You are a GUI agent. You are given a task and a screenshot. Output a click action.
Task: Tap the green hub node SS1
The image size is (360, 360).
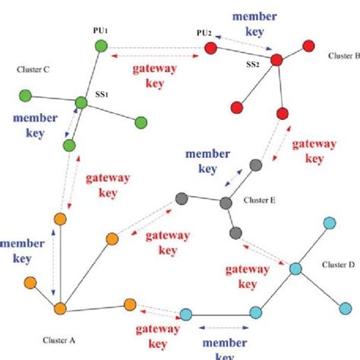click(x=82, y=102)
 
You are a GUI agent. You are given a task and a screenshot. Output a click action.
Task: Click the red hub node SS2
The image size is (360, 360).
click(x=277, y=59)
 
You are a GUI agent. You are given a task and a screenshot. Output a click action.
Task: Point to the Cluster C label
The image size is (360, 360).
click(x=33, y=69)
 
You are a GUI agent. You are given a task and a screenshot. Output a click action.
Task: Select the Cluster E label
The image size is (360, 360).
click(x=260, y=200)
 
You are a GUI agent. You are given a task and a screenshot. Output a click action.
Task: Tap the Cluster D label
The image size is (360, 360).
click(x=333, y=264)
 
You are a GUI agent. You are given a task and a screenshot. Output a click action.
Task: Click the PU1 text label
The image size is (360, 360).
click(x=100, y=30)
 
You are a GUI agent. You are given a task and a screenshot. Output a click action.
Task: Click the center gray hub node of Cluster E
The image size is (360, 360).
click(x=225, y=203)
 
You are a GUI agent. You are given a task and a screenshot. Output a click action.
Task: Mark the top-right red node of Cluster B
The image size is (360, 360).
click(x=308, y=45)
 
